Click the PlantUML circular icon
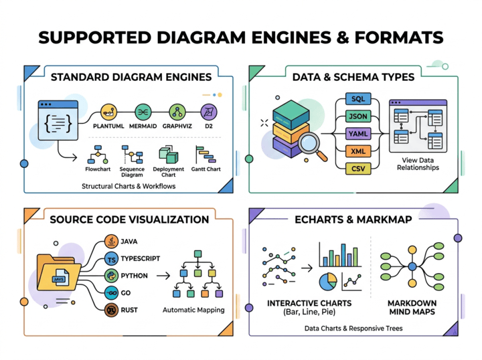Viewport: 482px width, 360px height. pyautogui.click(x=109, y=112)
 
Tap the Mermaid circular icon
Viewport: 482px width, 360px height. pyautogui.click(x=143, y=112)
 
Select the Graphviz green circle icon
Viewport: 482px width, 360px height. pyautogui.click(x=177, y=112)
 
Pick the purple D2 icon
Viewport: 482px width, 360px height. pyautogui.click(x=209, y=112)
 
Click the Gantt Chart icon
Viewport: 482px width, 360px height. pyautogui.click(x=206, y=155)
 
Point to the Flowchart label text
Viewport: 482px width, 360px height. pyautogui.click(x=98, y=169)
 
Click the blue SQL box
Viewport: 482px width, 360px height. pyautogui.click(x=358, y=99)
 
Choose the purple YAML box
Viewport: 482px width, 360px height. pyautogui.click(x=358, y=134)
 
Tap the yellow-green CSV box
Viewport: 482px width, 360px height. pyautogui.click(x=358, y=169)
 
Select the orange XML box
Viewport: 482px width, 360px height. pyautogui.click(x=358, y=151)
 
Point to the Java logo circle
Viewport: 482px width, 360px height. pyautogui.click(x=111, y=242)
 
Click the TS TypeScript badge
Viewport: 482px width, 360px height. pyautogui.click(x=111, y=259)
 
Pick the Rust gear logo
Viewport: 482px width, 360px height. pyautogui.click(x=111, y=310)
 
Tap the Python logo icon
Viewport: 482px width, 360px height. pyautogui.click(x=111, y=276)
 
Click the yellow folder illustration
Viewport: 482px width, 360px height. pyautogui.click(x=58, y=272)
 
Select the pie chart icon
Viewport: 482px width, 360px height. pyautogui.click(x=328, y=282)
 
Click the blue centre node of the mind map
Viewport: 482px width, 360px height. pyautogui.click(x=412, y=266)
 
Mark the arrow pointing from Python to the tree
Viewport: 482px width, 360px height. pyautogui.click(x=163, y=276)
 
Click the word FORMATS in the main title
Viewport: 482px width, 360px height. pyautogui.click(x=399, y=37)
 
